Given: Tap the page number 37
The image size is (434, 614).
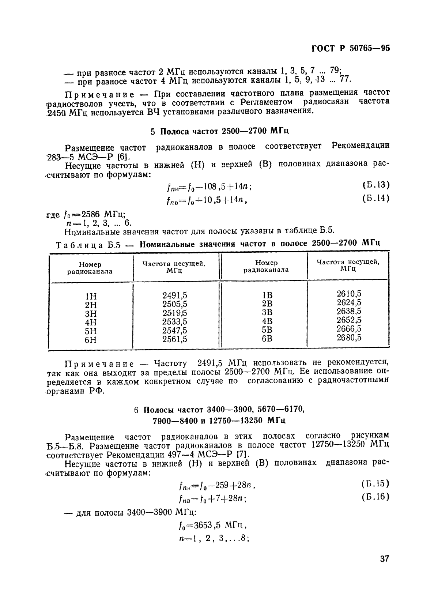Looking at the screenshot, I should [x=385, y=569].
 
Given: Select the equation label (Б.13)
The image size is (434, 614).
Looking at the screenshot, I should [x=376, y=185].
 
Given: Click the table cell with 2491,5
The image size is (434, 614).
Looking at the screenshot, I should [x=175, y=295].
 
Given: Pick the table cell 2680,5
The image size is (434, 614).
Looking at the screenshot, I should [x=349, y=337].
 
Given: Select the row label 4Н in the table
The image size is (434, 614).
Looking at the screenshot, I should [x=91, y=322].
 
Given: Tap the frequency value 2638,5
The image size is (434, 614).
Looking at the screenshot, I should [x=349, y=311].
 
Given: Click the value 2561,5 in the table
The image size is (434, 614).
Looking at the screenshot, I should [x=175, y=339].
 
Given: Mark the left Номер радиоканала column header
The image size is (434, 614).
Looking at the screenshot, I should [x=90, y=268].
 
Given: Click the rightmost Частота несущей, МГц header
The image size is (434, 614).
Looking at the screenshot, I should [x=348, y=265].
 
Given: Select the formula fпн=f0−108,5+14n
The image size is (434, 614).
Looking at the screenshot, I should [x=208, y=187].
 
